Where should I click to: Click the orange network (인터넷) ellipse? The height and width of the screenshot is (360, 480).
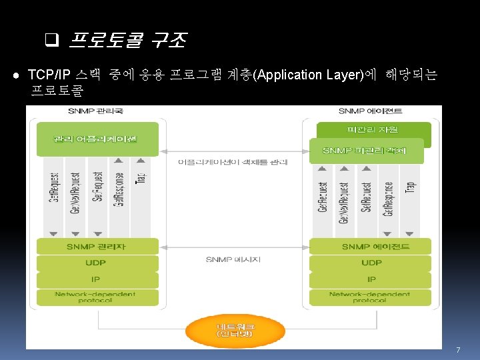click(235, 329)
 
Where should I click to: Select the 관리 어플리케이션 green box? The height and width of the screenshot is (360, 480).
click(97, 139)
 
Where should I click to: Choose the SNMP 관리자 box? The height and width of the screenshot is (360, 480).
click(97, 247)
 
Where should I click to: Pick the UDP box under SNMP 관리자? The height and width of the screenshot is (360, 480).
click(97, 263)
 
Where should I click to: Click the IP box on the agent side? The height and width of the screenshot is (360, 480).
click(371, 280)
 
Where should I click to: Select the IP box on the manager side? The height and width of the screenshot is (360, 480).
click(97, 280)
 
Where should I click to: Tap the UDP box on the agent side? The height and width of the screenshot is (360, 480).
click(371, 263)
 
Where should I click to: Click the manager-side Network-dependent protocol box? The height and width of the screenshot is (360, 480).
click(97, 297)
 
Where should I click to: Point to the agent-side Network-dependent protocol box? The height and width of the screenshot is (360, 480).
click(371, 297)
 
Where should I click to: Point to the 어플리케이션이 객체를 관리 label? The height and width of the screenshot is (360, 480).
click(233, 161)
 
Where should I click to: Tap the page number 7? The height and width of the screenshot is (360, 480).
click(458, 350)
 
